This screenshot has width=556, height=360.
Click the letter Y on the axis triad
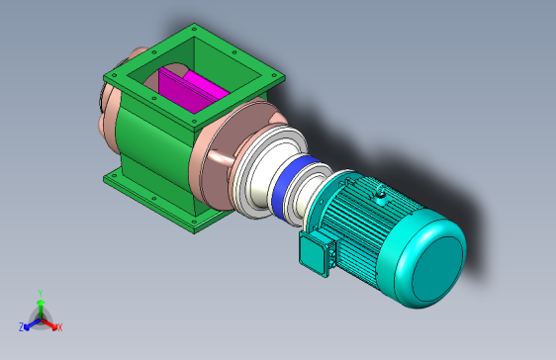[x=41, y=293]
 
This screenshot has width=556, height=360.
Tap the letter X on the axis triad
[x=60, y=327]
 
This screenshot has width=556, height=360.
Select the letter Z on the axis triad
[x=22, y=327]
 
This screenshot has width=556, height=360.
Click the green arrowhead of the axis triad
[x=41, y=303]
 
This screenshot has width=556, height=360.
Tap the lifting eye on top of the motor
[x=381, y=193]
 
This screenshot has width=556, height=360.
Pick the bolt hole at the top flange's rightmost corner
[x=273, y=75]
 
